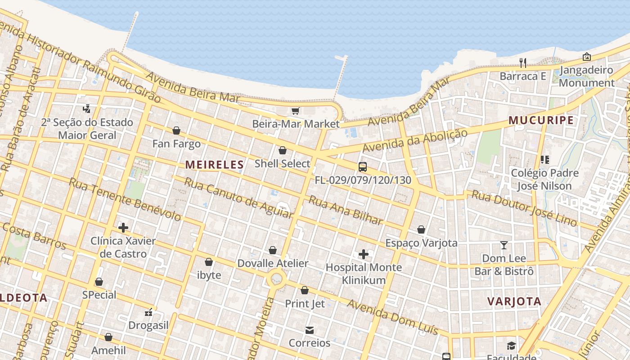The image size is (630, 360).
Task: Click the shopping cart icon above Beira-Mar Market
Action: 296,111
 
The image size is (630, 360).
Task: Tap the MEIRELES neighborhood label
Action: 215,165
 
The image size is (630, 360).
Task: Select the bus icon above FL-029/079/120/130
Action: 363,167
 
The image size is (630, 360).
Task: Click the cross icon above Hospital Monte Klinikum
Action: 364,254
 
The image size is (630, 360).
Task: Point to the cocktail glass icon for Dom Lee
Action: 504,245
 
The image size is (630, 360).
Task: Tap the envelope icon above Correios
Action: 310,330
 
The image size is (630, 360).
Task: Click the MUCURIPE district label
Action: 541,120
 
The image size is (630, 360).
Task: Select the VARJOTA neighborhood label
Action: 514,301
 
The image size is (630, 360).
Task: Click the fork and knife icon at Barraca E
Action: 523,63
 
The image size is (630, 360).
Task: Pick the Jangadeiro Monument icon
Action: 587,57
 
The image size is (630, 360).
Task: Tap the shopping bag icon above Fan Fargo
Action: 176,130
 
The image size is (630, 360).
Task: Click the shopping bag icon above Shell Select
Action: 283,150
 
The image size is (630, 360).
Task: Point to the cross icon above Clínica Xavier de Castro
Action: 123,228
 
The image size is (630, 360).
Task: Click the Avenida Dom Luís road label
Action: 392,317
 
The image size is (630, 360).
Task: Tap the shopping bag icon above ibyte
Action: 209,262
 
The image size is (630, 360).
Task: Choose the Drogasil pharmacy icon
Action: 148,312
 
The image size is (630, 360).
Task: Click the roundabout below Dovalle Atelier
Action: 276,279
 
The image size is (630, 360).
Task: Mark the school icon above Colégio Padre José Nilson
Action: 545,160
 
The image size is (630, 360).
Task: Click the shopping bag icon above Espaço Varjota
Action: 421,230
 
